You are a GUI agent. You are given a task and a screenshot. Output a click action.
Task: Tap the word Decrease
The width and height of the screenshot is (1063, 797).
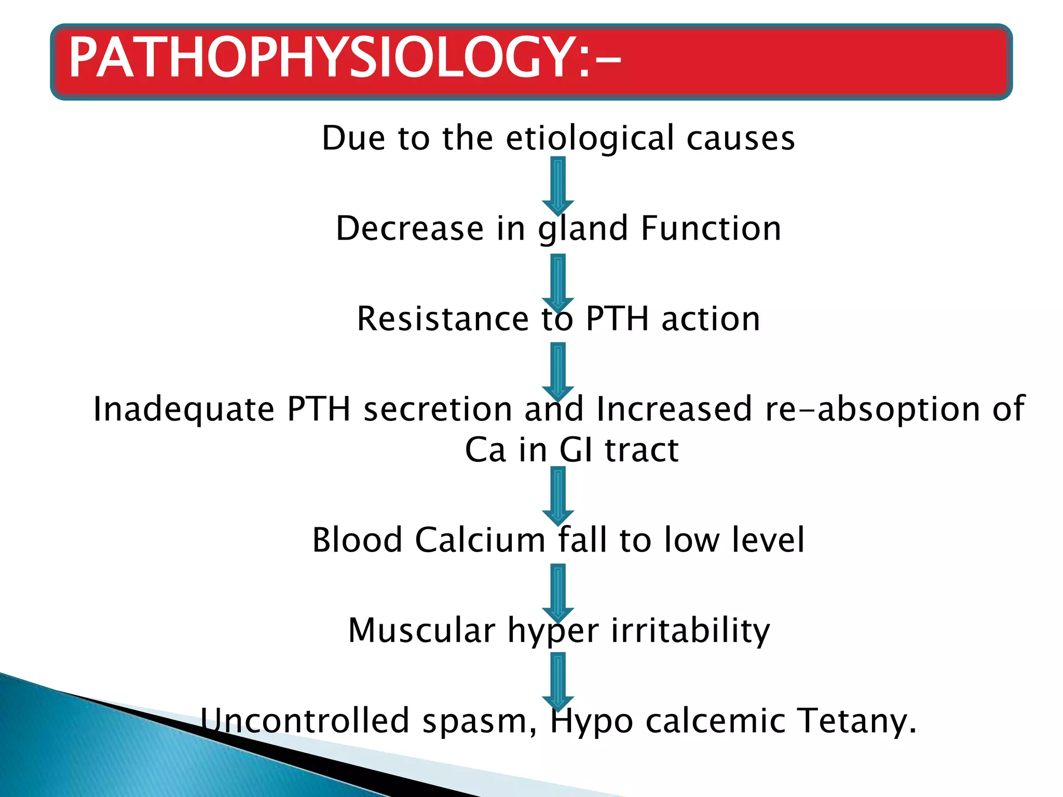point(410,229)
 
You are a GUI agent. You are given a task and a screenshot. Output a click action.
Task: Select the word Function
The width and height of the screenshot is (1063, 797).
point(711,229)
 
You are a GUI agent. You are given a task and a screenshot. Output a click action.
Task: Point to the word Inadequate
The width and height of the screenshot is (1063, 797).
point(184,409)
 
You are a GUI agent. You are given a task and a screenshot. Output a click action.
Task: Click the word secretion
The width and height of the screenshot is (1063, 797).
point(438,409)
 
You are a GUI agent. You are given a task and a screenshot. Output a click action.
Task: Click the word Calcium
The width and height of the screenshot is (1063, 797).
point(480,540)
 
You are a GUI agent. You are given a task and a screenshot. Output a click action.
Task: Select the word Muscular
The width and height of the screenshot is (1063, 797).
point(421,630)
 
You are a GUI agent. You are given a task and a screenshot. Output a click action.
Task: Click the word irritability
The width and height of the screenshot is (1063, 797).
point(690,630)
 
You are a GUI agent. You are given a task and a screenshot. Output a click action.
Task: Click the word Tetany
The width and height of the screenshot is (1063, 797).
point(856,721)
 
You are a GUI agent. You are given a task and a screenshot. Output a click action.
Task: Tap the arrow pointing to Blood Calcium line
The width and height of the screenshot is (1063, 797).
point(558,496)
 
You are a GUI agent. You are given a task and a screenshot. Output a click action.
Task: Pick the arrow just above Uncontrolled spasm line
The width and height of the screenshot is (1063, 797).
point(558,680)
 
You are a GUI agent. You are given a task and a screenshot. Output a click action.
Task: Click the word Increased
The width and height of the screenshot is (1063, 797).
point(674,409)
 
